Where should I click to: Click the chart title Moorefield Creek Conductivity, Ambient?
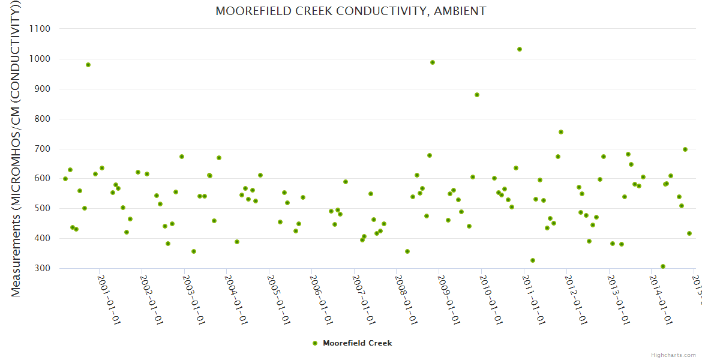350,11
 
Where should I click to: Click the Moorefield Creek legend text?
357,343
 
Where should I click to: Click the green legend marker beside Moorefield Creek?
315,343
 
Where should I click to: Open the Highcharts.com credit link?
673,355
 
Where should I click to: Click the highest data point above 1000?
520,49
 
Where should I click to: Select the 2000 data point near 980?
88,65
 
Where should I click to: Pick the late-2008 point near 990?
433,62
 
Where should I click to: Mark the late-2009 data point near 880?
477,95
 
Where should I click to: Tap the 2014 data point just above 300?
663,266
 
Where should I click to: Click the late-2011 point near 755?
561,132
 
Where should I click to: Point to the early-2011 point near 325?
533,260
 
